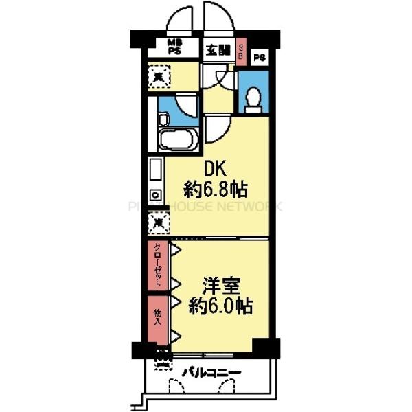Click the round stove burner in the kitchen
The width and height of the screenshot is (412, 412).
pos(156,194)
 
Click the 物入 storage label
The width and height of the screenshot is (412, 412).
pos(157,315)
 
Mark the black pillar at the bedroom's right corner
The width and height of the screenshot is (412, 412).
pos(262,347)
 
